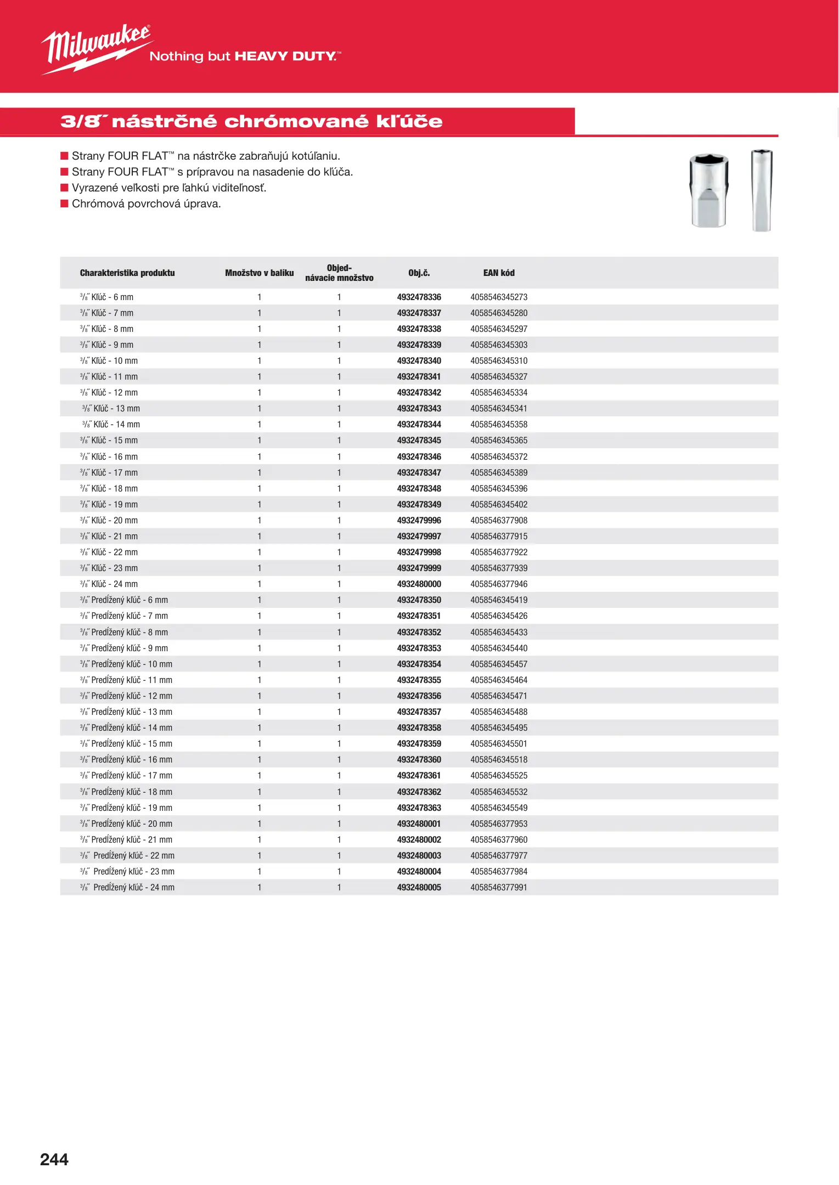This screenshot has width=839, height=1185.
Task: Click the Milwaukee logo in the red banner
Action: click(97, 48)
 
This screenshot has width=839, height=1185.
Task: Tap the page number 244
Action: click(54, 1159)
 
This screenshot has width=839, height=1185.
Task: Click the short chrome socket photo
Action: click(709, 190)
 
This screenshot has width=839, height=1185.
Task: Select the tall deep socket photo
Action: click(761, 190)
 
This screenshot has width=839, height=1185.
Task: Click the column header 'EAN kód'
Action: click(499, 273)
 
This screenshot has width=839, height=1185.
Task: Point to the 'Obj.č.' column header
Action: click(419, 273)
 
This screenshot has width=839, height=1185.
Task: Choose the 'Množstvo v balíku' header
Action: click(259, 273)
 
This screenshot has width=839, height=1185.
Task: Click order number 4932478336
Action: click(419, 297)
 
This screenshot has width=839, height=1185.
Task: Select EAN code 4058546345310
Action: click(499, 360)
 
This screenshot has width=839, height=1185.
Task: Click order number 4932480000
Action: click(419, 584)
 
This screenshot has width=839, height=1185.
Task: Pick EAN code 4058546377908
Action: click(499, 520)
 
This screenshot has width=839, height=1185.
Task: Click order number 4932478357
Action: click(419, 712)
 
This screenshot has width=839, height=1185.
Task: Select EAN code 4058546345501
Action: click(499, 743)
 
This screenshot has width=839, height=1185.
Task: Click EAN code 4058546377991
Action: click(499, 887)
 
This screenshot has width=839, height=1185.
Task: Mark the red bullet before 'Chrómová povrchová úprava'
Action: click(64, 204)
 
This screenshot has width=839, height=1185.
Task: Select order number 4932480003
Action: click(419, 855)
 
